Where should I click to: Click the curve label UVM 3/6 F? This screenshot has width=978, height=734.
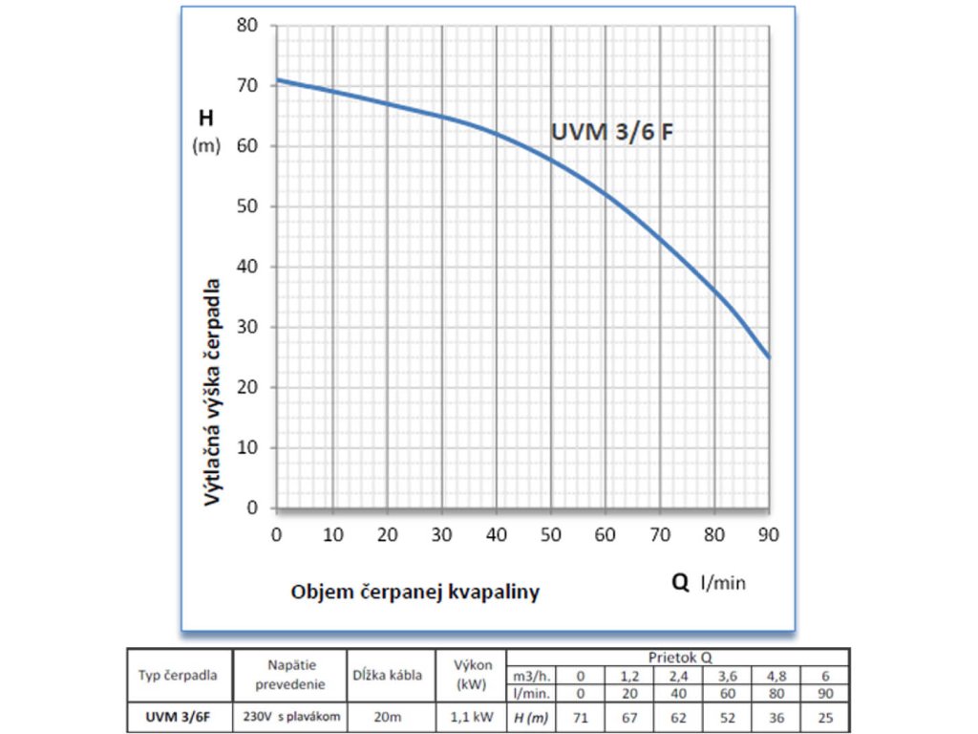pos(612,133)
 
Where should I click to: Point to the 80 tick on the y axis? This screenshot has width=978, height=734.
pos(247,26)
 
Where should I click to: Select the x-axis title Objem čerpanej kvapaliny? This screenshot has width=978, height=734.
pos(415,592)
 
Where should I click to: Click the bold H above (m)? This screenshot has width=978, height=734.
pos(205,119)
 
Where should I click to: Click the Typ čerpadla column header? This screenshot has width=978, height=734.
pos(181,675)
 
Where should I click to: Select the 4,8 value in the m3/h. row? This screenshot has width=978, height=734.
pos(776,673)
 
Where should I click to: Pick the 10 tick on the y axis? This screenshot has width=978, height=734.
pos(247,447)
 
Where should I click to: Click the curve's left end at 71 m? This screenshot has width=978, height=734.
pos(277,79)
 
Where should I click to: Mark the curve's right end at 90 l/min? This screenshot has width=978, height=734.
pos(769,356)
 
